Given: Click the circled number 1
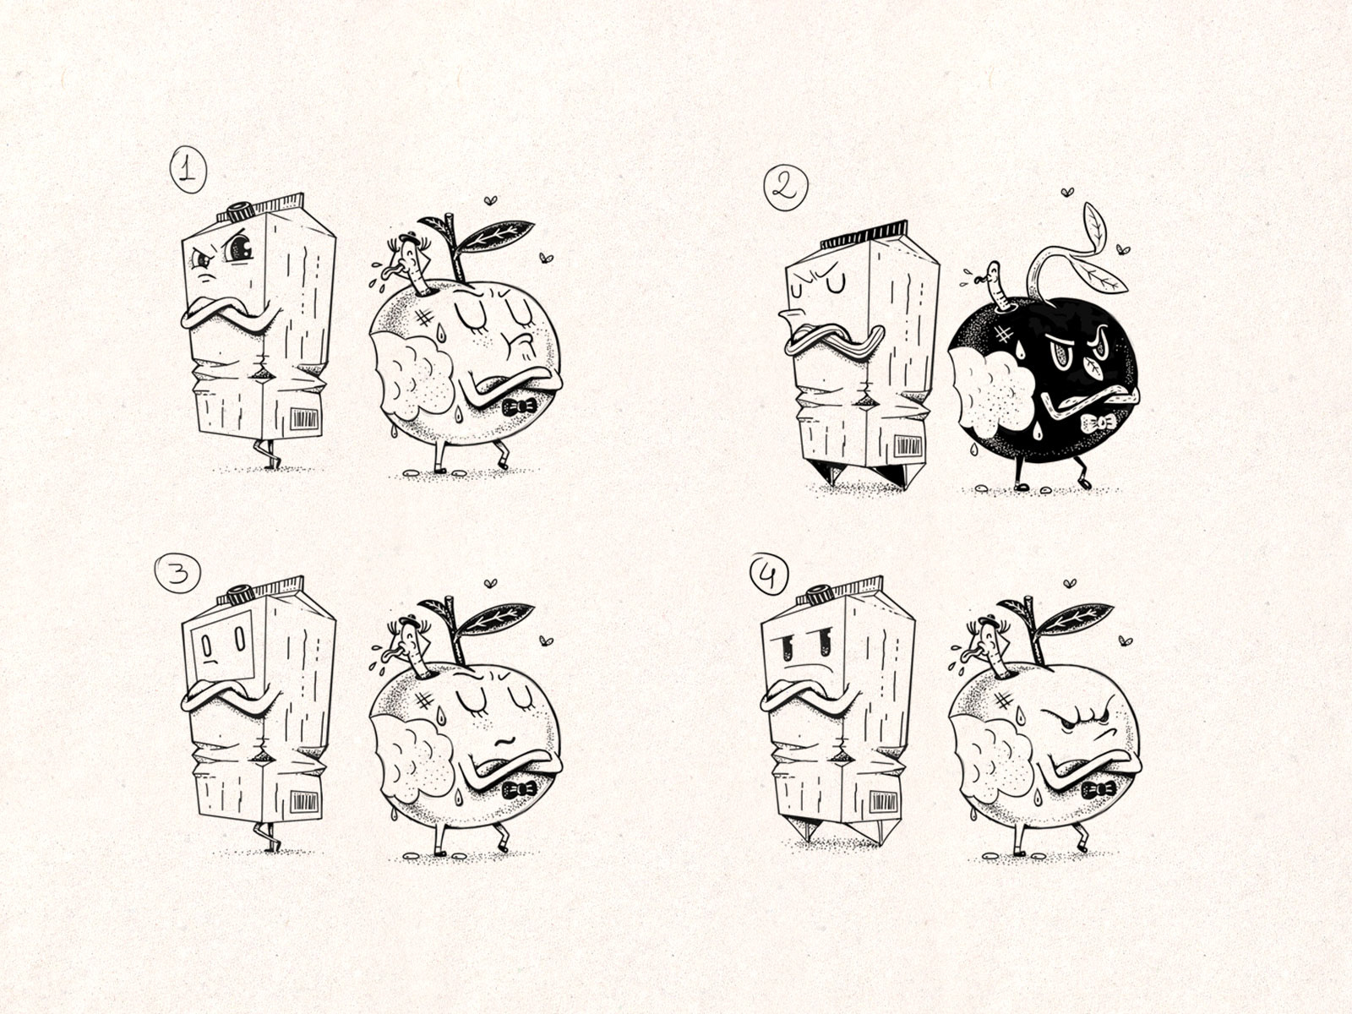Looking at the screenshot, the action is (x=188, y=169).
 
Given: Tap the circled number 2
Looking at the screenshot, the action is (x=785, y=187).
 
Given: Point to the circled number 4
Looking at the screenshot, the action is (x=768, y=575).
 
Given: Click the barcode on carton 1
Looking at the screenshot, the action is (x=303, y=419).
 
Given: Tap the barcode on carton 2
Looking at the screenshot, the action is (x=908, y=445).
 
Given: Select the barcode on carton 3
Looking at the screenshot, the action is (x=303, y=802).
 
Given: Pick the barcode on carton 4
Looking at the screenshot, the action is (x=883, y=802).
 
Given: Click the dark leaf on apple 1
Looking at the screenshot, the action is (x=496, y=237).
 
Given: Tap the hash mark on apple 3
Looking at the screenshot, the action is (x=424, y=701).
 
